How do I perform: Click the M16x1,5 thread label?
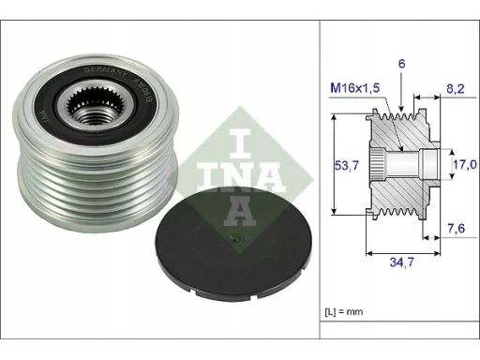(x=355, y=88)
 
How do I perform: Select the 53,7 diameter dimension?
(x=347, y=165)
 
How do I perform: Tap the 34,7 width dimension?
(x=401, y=262)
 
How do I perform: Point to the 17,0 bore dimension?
(x=465, y=164)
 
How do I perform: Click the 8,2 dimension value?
(x=455, y=89)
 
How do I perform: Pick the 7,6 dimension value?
(x=457, y=229)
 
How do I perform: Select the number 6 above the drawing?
(x=401, y=64)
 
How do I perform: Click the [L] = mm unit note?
(x=344, y=311)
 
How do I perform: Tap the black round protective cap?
(x=232, y=244)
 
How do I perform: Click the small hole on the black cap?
(x=235, y=240)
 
